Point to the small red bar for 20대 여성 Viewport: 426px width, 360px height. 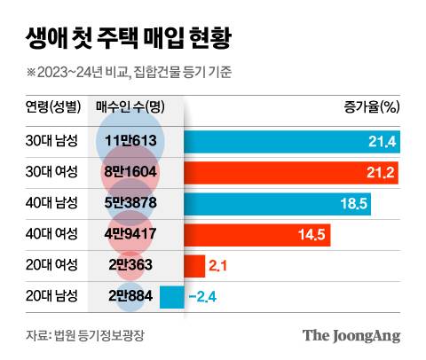pyautogui.click(x=194, y=265)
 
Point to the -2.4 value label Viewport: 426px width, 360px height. pyautogui.click(x=204, y=295)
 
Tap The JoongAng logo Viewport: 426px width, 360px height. pyautogui.click(x=351, y=335)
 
